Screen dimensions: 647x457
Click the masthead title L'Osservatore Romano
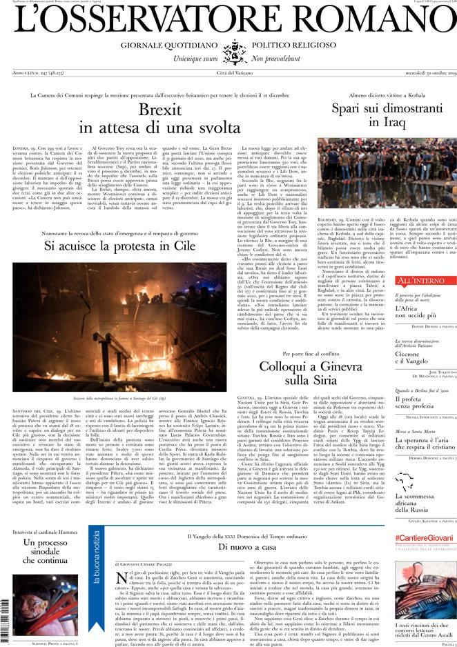point(228,21)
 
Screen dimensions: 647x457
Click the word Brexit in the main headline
point(159,110)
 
